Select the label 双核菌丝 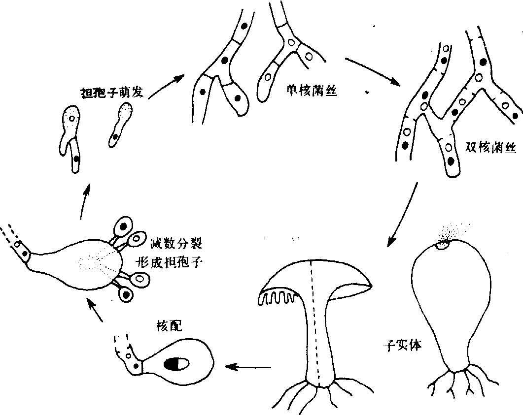(x=490, y=147)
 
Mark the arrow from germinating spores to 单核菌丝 (x=166, y=87)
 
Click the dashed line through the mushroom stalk (x=315, y=325)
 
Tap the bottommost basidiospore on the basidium (x=126, y=294)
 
